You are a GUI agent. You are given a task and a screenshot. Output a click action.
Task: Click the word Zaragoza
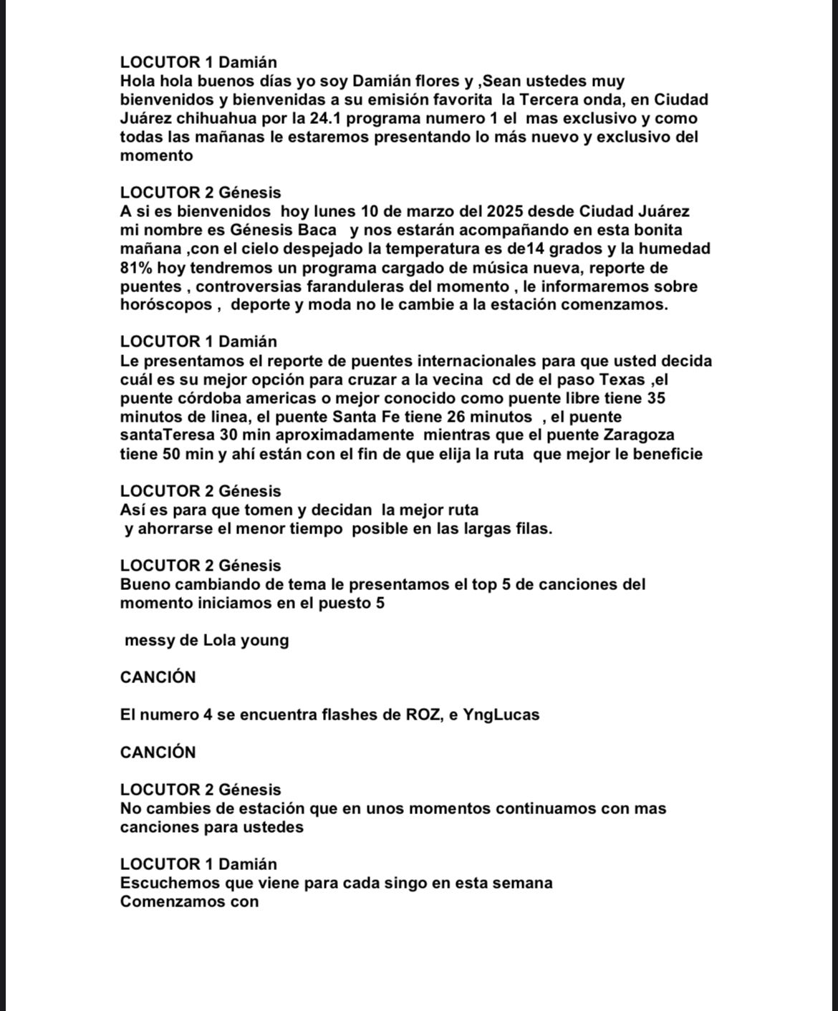tap(638, 435)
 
